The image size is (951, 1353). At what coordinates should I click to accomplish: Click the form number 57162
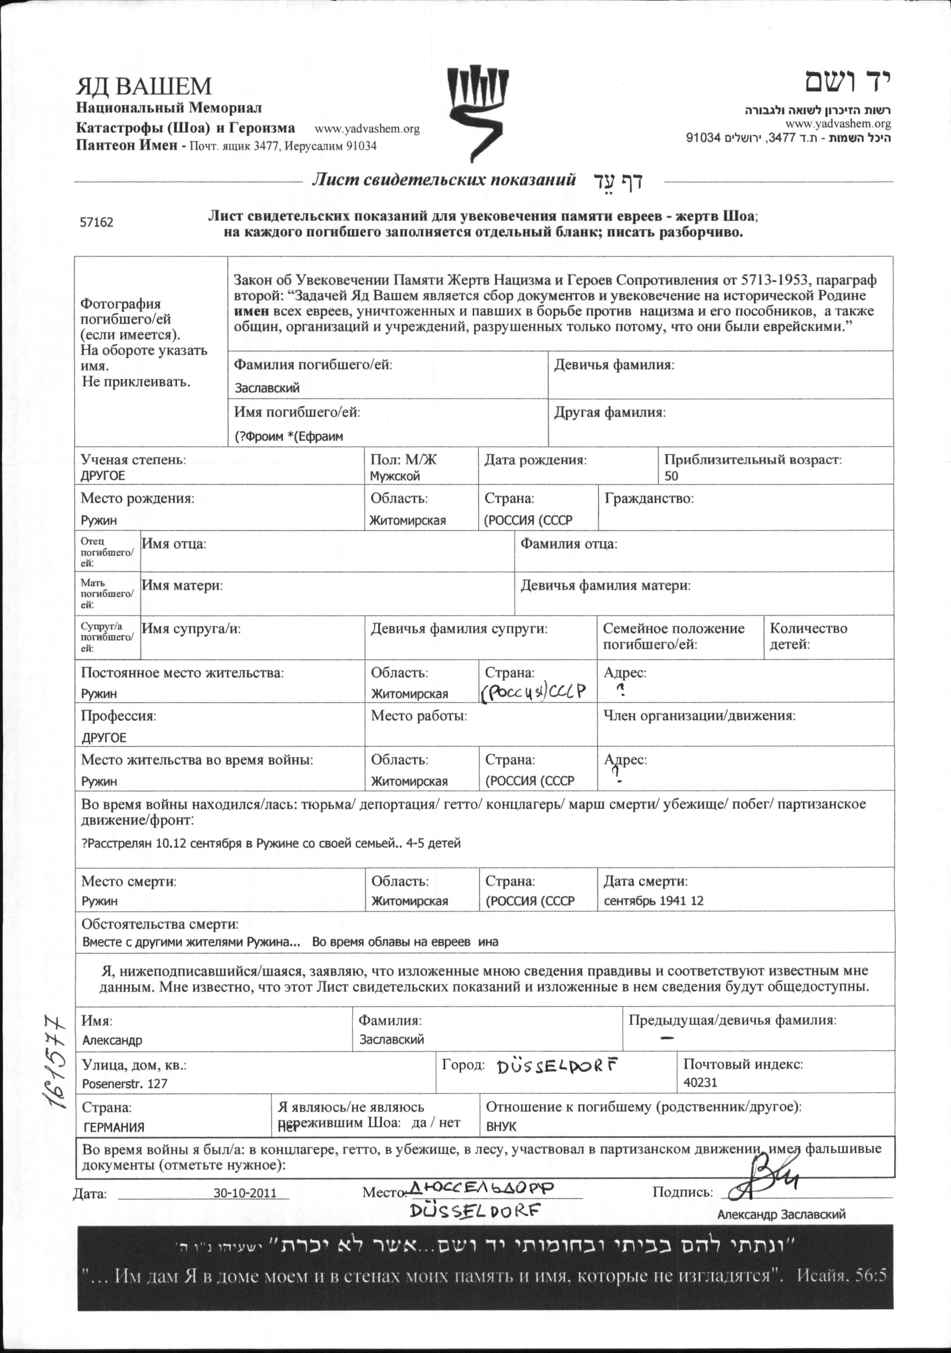tap(97, 223)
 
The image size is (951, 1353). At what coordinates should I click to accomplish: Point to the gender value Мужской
tap(395, 476)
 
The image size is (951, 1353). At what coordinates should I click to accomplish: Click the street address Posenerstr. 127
tap(125, 1083)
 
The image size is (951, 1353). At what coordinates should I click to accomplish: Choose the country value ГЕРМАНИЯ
tap(114, 1127)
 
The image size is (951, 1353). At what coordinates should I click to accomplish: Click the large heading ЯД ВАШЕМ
tap(143, 87)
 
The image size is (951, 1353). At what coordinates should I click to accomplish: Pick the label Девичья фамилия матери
tap(605, 586)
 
